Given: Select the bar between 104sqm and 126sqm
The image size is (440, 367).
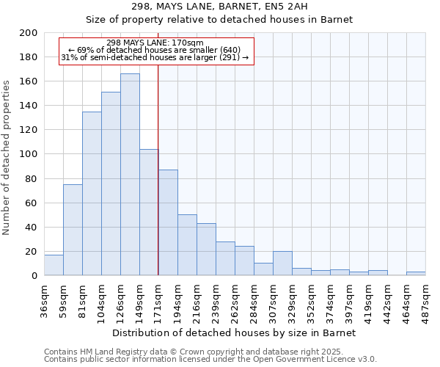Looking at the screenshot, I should [x=111, y=183].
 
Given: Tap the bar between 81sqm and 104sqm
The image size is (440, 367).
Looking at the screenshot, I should [x=92, y=194].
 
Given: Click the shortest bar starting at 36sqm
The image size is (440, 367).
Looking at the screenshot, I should [x=54, y=265].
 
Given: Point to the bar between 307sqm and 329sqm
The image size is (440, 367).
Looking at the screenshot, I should [x=282, y=264].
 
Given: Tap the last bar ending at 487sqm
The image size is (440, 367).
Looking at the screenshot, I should [x=416, y=274].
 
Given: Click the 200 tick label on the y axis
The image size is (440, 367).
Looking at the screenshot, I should [x=29, y=33].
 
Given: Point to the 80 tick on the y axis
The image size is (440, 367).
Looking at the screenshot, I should [x=32, y=178].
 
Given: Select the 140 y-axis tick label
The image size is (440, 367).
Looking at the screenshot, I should [x=29, y=106].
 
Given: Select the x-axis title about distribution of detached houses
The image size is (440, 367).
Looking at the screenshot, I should [x=235, y=333].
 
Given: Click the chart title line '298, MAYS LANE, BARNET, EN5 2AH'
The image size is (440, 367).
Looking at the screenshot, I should [x=220, y=7].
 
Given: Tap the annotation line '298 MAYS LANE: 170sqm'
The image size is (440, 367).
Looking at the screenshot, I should [x=155, y=43].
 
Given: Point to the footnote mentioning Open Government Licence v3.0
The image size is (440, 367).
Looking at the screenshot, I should [x=210, y=359].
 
